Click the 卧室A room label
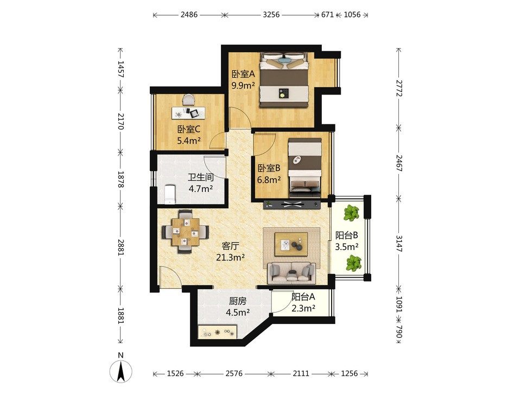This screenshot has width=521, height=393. [x=243, y=74]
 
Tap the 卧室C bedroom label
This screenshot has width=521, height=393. [x=189, y=129]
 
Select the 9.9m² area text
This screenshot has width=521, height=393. [x=243, y=85]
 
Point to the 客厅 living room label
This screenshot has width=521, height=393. [x=231, y=246]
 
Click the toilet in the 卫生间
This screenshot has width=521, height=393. [x=170, y=195]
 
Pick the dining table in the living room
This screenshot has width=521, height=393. [x=186, y=232]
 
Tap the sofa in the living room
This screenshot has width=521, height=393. [x=292, y=272]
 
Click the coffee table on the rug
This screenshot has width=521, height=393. [x=291, y=244]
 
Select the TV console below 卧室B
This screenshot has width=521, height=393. [x=292, y=204]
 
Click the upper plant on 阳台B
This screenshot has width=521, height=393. [x=351, y=213]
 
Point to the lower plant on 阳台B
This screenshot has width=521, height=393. [x=353, y=263]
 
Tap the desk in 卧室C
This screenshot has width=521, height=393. [x=188, y=113]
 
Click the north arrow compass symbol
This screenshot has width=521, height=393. [x=121, y=370]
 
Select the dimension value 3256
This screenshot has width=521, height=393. [x=271, y=15]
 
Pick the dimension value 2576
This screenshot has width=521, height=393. [x=234, y=373]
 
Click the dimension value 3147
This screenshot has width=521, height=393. [x=399, y=244]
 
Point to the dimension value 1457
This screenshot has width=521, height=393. [x=120, y=70]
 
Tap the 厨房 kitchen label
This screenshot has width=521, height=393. [x=238, y=301]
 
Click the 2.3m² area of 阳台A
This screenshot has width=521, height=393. [x=303, y=309]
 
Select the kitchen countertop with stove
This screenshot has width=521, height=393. [x=218, y=332]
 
